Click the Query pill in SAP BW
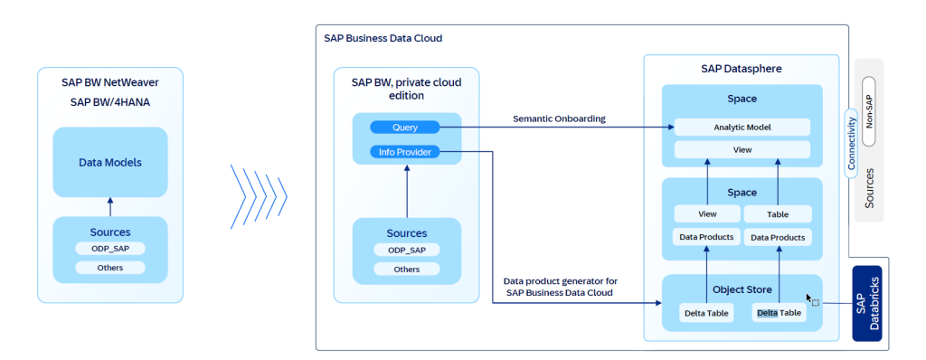(x=404, y=128)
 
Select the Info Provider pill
(x=404, y=152)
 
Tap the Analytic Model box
(x=742, y=128)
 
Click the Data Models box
(x=109, y=162)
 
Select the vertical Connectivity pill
(x=850, y=142)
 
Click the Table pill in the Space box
(x=777, y=214)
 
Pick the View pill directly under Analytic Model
(x=742, y=150)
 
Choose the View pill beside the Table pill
(x=708, y=214)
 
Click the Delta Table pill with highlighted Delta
(x=779, y=313)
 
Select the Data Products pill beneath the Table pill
(x=777, y=237)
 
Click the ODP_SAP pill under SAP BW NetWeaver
(x=109, y=249)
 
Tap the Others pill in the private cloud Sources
(x=407, y=270)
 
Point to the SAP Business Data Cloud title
(x=383, y=39)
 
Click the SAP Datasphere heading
(x=742, y=69)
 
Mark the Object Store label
(x=742, y=290)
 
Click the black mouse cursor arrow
(x=810, y=298)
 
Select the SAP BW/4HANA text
(x=109, y=101)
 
